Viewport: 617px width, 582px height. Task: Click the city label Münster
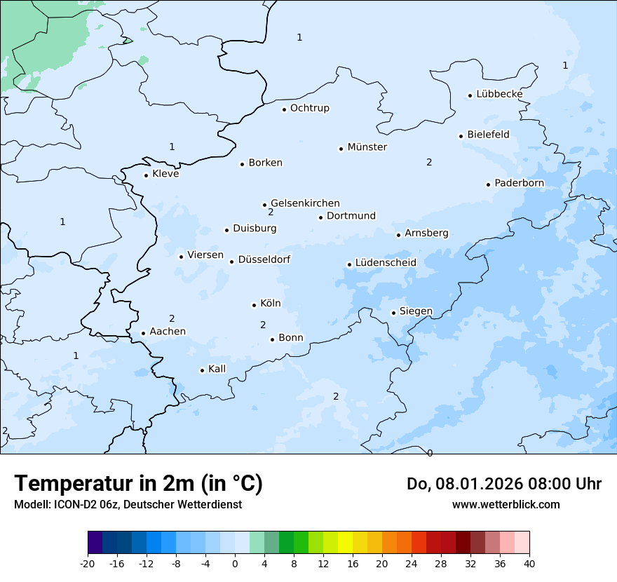coord(367,147)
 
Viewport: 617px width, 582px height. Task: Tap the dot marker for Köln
coord(254,305)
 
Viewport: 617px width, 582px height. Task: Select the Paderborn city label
coord(519,183)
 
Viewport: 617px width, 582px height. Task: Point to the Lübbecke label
coord(499,94)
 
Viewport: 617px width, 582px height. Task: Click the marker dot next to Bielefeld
coord(461,136)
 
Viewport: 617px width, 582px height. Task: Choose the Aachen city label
coord(168,331)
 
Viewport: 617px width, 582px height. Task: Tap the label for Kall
coord(217,369)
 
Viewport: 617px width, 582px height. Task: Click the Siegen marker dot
coord(393,313)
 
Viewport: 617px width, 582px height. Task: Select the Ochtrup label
coord(309,108)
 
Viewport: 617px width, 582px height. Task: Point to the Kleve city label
coord(165,174)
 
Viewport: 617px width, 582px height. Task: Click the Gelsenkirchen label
coord(305,203)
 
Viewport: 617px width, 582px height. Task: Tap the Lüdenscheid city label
coord(386,263)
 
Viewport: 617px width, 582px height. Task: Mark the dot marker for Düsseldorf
coord(231,262)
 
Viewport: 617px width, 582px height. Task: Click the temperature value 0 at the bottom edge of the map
coord(430,453)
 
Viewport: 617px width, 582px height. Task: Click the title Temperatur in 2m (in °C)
coord(138,483)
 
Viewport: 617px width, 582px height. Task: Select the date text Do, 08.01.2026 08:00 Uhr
coord(503,484)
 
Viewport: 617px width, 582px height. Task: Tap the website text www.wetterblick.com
coord(506,504)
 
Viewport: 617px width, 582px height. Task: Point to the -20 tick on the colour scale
coord(88,564)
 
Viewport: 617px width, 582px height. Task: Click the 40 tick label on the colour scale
coord(529,564)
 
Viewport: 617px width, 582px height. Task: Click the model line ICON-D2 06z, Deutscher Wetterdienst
coord(128,505)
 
